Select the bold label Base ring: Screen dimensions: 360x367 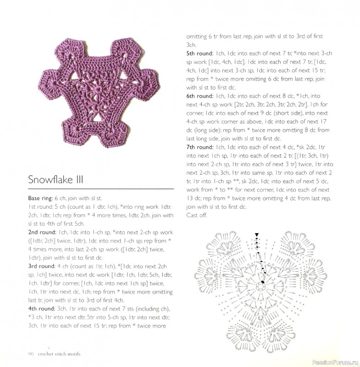tap(40, 199)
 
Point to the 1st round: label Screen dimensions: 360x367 tap(39, 207)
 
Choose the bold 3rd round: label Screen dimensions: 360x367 tap(40, 266)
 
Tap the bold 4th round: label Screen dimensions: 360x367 tap(40, 308)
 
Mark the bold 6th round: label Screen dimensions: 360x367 tap(198, 97)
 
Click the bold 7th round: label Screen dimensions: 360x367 tap(198, 147)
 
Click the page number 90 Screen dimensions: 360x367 tap(31, 353)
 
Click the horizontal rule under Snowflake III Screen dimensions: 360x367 tap(101, 189)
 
